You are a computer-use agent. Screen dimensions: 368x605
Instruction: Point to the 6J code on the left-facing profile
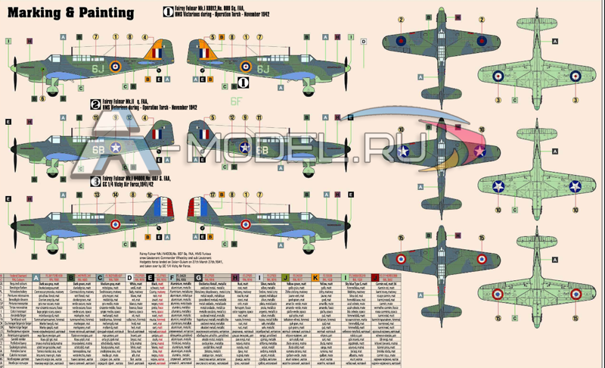click(x=98, y=67)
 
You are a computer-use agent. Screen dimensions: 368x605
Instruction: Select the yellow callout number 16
click(x=152, y=195)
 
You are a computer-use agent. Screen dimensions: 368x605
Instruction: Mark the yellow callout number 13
click(x=98, y=195)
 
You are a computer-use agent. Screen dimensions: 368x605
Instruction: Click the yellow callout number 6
click(x=42, y=98)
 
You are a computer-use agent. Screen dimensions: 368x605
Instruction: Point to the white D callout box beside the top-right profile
click(x=364, y=42)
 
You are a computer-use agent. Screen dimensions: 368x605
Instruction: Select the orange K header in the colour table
click(x=315, y=278)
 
